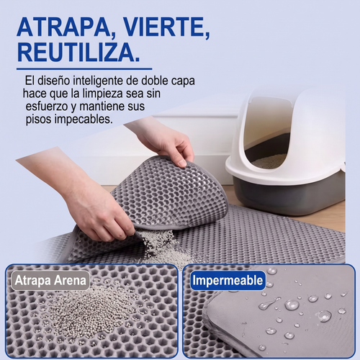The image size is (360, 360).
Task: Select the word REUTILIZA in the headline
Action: coord(78,53)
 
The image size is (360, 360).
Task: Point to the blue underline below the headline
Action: coord(84,69)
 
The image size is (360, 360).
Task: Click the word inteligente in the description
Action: coord(98,81)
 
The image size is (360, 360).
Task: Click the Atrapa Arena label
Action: coord(50,280)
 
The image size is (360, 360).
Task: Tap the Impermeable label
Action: coord(228,280)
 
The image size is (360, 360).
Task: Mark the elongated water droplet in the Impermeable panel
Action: coord(269,303)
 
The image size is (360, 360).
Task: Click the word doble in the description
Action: coord(155,81)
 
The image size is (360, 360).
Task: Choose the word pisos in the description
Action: coord(38,120)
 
